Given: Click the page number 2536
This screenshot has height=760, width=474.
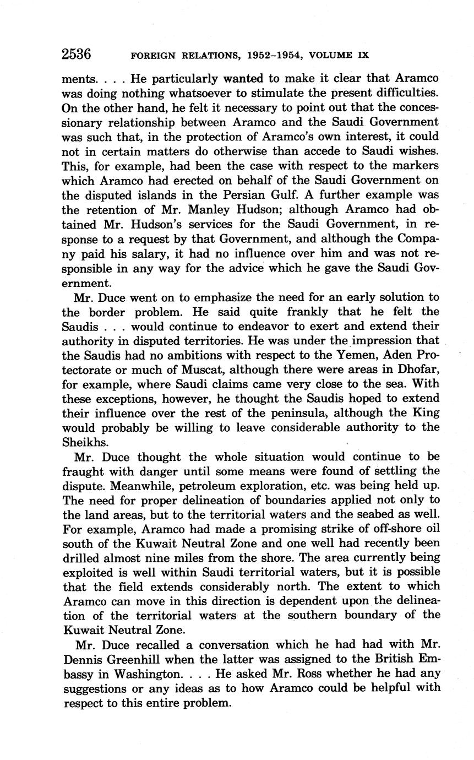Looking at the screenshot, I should pos(76,55).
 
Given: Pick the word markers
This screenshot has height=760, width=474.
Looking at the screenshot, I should pos(414,166).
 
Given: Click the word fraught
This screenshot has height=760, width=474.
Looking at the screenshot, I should pos(85,471).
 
